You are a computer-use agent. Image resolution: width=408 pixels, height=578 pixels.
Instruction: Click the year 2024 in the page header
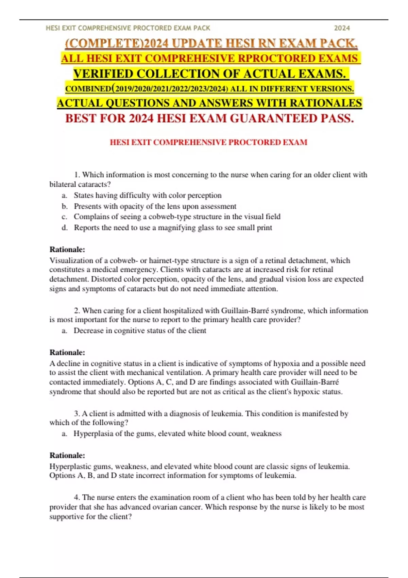342,28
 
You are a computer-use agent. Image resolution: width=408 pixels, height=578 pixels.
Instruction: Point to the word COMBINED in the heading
88,89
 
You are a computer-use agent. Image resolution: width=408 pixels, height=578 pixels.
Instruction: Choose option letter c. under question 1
65,217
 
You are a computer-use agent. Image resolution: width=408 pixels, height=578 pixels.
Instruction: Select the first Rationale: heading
67,250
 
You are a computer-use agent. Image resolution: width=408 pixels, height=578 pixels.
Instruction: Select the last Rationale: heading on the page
67,455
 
